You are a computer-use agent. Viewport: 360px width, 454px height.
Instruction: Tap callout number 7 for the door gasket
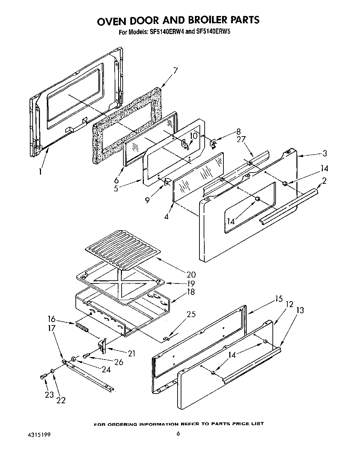(x=175, y=71)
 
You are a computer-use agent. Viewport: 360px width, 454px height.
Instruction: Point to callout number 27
(x=241, y=139)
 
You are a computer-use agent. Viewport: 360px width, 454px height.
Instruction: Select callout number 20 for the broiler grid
(x=190, y=274)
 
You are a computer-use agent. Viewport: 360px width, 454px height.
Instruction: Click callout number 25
(x=191, y=314)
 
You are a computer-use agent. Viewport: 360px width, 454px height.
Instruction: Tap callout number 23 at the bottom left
(x=49, y=394)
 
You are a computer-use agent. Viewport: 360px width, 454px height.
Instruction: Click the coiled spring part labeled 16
(x=82, y=327)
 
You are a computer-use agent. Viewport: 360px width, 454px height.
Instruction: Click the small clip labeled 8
(x=213, y=142)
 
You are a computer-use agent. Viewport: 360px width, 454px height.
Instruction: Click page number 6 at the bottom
(x=178, y=433)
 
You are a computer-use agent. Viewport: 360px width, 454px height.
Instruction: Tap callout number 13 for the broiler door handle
(x=300, y=310)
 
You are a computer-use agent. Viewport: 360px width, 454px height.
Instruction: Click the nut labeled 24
(x=74, y=359)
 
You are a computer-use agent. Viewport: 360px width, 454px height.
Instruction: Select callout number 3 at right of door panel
(x=324, y=153)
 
